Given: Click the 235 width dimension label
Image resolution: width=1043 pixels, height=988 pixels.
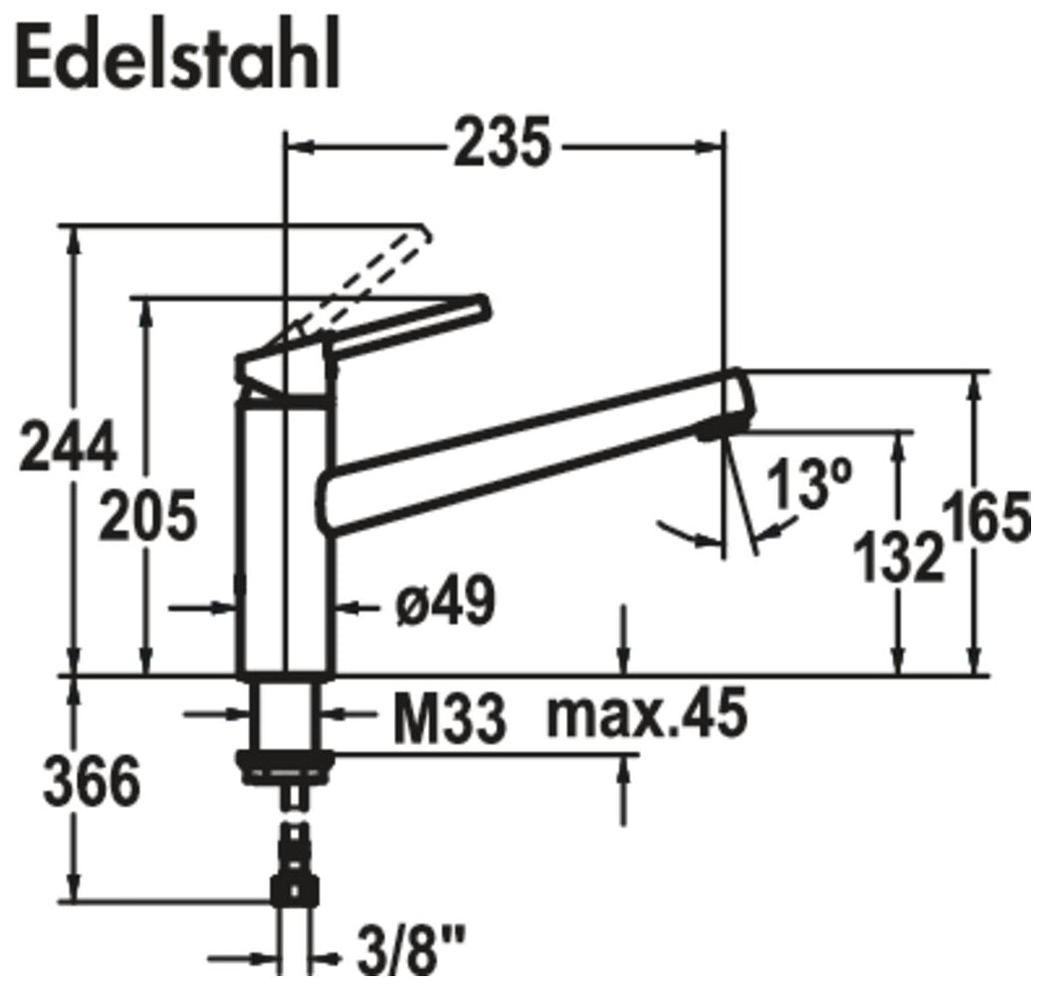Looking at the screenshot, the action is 503,143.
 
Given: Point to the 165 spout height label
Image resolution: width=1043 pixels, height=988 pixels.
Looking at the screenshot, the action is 991,516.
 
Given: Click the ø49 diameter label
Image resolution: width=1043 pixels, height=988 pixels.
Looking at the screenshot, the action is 446,602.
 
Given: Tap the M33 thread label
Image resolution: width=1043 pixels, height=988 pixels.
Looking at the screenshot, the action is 449,719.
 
